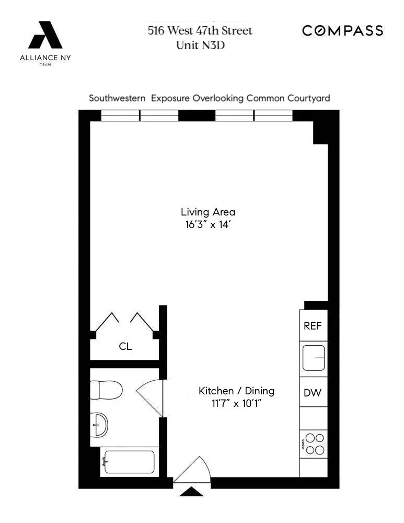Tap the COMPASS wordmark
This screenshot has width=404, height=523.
pyautogui.click(x=343, y=31)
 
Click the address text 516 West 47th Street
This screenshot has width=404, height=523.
pyautogui.click(x=200, y=31)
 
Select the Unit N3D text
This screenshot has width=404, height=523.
pyautogui.click(x=200, y=44)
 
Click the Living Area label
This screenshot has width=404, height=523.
pyautogui.click(x=208, y=212)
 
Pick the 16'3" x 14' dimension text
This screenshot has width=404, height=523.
pyautogui.click(x=208, y=225)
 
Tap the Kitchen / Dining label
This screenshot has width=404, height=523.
pyautogui.click(x=236, y=391)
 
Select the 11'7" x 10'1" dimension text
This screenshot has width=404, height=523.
pyautogui.click(x=236, y=404)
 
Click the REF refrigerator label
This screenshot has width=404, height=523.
pyautogui.click(x=313, y=326)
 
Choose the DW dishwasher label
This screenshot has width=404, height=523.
pyautogui.click(x=313, y=393)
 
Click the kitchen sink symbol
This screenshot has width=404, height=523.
pyautogui.click(x=314, y=358)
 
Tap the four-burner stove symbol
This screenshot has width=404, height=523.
pyautogui.click(x=314, y=444)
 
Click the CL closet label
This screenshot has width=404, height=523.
pyautogui.click(x=125, y=346)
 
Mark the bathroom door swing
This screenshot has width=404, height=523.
pyautogui.click(x=151, y=397)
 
